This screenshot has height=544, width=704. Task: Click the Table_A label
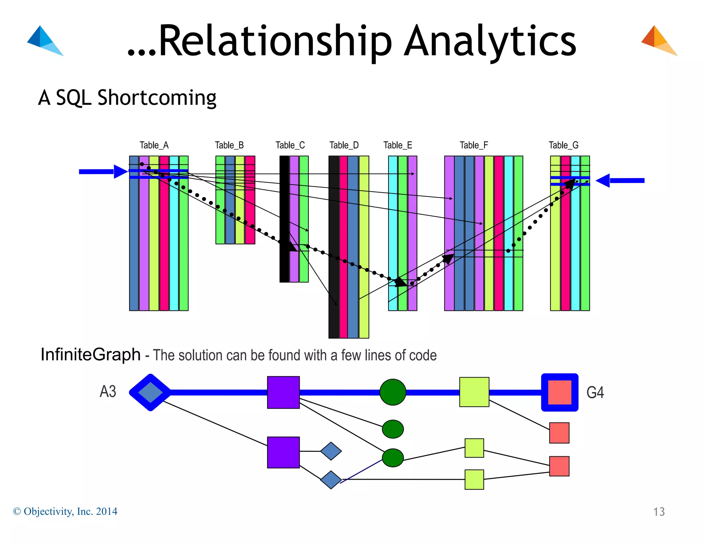[154, 145]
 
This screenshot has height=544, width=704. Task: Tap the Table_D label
[344, 145]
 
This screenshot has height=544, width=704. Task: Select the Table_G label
[563, 145]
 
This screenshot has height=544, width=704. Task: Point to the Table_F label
[474, 145]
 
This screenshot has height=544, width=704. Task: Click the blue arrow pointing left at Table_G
[620, 181]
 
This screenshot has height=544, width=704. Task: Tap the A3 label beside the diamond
[108, 392]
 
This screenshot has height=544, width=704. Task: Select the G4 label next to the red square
[595, 392]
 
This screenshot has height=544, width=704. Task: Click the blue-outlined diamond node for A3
[150, 392]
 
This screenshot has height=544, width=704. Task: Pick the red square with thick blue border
[560, 392]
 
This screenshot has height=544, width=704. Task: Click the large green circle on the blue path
[393, 392]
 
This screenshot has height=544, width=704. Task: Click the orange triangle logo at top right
[659, 41]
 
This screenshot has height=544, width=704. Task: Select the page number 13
[659, 512]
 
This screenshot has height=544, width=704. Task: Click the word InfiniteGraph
[90, 355]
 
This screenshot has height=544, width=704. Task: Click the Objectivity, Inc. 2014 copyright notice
[65, 511]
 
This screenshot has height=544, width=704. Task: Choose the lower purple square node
[283, 452]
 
